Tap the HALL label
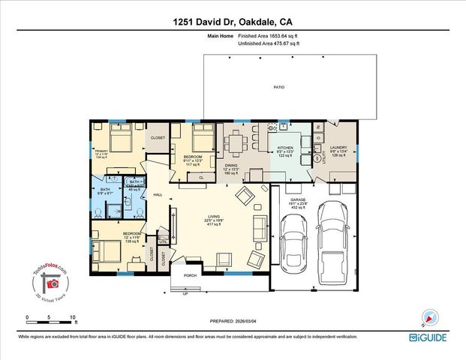point(158,194)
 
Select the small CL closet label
point(202,178)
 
